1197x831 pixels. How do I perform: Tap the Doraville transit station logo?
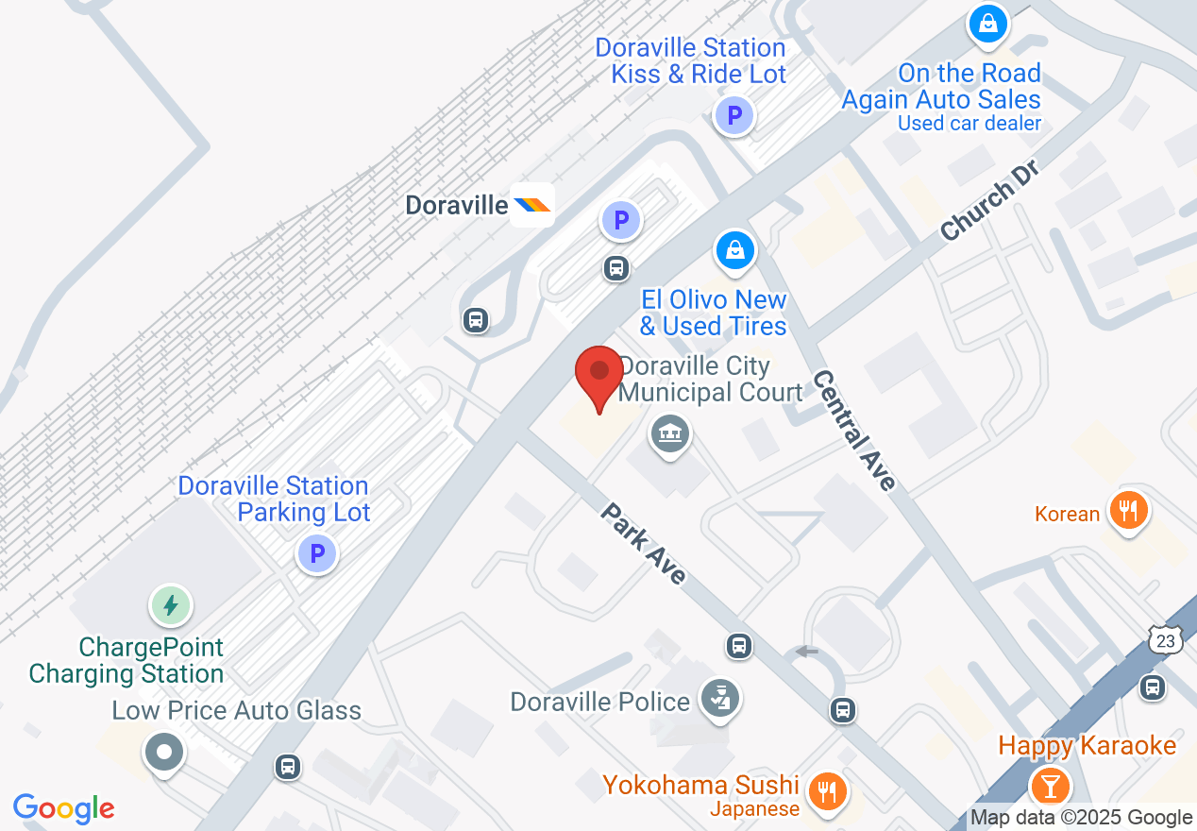[x=531, y=204]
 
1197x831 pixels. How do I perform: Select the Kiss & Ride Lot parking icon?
[x=733, y=117]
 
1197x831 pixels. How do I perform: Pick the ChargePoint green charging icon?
[x=171, y=604]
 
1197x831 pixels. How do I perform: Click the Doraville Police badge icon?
[x=720, y=700]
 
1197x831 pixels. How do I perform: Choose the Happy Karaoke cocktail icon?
[x=1048, y=784]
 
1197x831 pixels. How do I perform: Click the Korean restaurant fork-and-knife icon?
[x=1126, y=511]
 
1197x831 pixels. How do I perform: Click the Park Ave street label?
[x=643, y=544]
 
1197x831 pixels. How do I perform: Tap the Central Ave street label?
[x=853, y=430]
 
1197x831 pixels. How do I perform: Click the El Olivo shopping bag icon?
[x=734, y=250]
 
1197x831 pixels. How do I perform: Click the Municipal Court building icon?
[x=670, y=434]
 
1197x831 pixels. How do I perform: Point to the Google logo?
[x=64, y=808]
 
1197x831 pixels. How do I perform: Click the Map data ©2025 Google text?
[x=1081, y=818]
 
